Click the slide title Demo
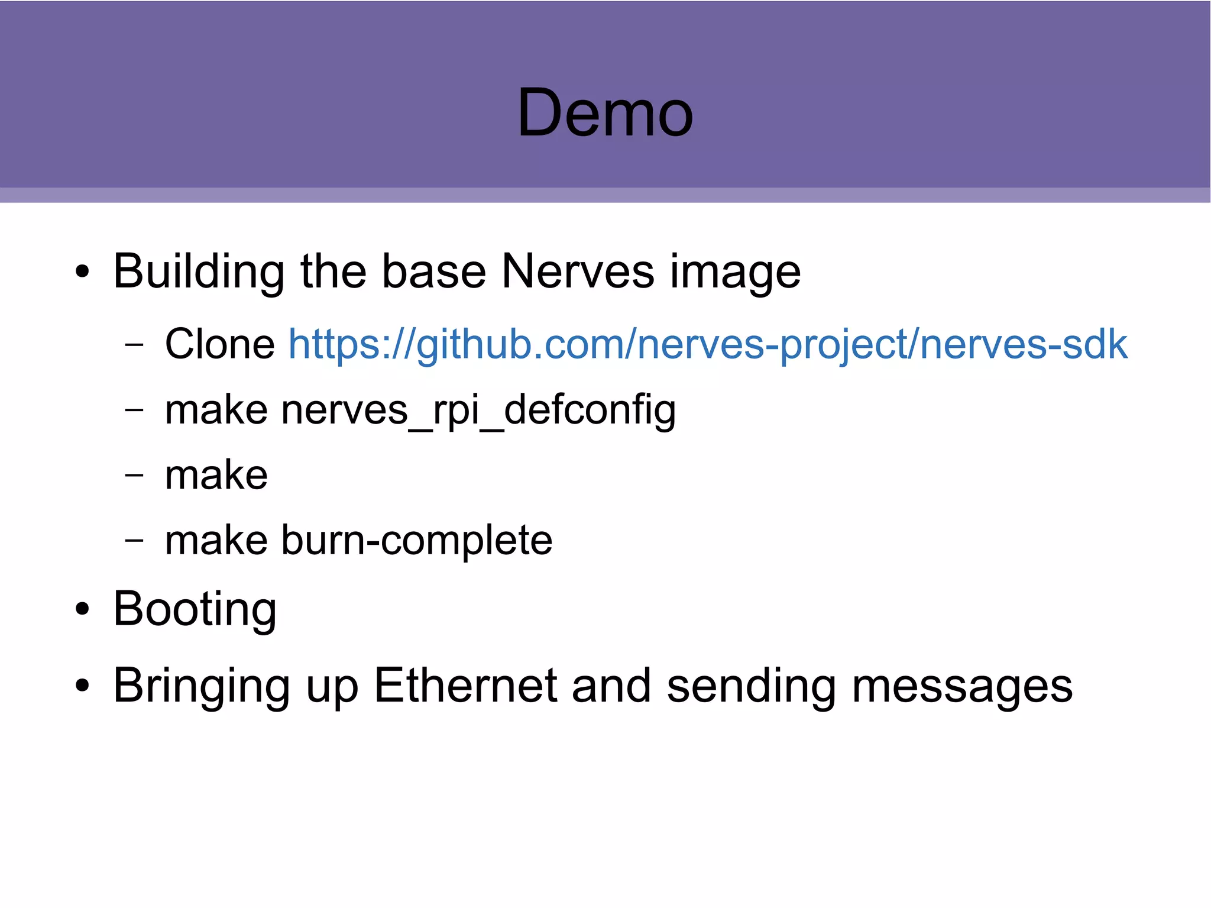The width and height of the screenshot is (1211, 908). [x=605, y=112]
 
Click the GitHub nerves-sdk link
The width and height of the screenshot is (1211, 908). [x=707, y=344]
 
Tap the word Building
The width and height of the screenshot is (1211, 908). [x=199, y=272]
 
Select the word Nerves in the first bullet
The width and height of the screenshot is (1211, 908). [x=578, y=272]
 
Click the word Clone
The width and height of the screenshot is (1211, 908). [x=219, y=344]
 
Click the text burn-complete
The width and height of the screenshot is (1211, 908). [x=417, y=541]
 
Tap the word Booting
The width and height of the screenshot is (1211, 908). [x=195, y=610]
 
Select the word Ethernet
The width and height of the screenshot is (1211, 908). [x=465, y=686]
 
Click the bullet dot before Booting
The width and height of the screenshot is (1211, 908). [x=82, y=609]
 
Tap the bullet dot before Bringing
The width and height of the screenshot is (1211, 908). [x=82, y=686]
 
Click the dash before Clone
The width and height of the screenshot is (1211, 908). [x=134, y=345]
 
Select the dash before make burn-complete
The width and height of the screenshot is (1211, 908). [x=134, y=540]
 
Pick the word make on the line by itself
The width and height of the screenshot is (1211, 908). [x=216, y=475]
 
